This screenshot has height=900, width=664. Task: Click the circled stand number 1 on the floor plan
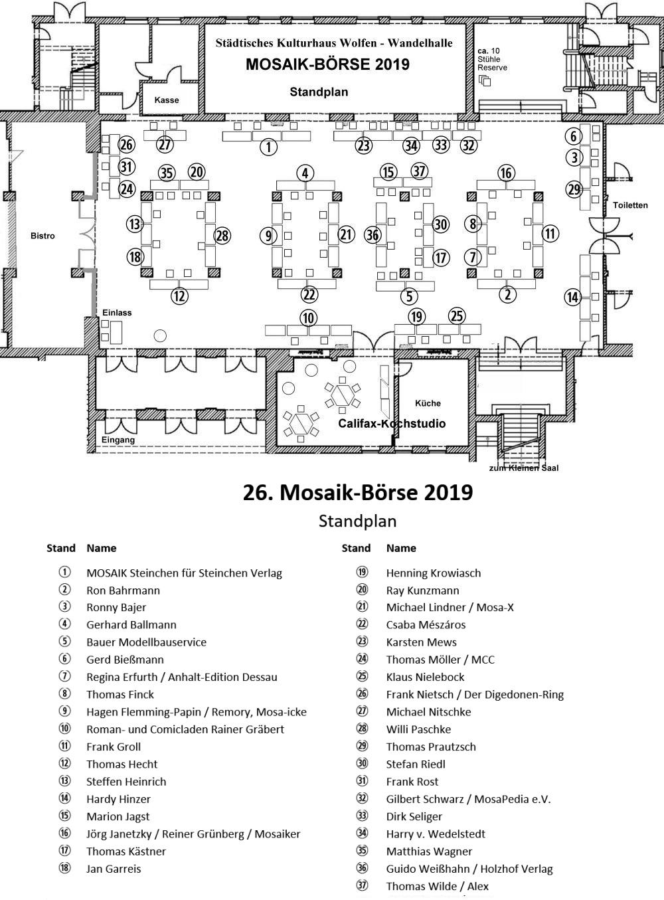(x=268, y=147)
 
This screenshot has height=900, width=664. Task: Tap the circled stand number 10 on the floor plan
(x=308, y=317)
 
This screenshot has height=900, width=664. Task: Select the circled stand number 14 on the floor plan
(x=572, y=297)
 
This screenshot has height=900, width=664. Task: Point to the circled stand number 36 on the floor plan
(x=373, y=234)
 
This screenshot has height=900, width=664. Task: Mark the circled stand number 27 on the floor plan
(x=165, y=144)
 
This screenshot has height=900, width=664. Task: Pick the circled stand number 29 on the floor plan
(x=574, y=189)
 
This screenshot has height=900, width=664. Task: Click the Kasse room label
(x=167, y=100)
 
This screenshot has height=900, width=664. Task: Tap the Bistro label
(x=42, y=236)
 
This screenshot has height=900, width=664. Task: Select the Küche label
(x=428, y=403)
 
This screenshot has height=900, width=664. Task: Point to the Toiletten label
(x=630, y=205)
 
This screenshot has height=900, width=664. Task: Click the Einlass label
(x=117, y=312)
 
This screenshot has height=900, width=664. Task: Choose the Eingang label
(x=118, y=440)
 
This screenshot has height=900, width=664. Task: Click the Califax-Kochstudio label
(x=392, y=423)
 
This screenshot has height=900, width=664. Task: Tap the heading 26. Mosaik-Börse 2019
(x=358, y=492)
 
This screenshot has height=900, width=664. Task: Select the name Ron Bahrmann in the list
(x=123, y=590)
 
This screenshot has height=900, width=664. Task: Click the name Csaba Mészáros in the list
(x=426, y=624)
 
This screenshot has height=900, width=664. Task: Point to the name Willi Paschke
(x=418, y=729)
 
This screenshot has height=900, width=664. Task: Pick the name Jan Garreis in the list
(x=114, y=869)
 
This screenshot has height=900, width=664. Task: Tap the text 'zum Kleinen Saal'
(x=524, y=468)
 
